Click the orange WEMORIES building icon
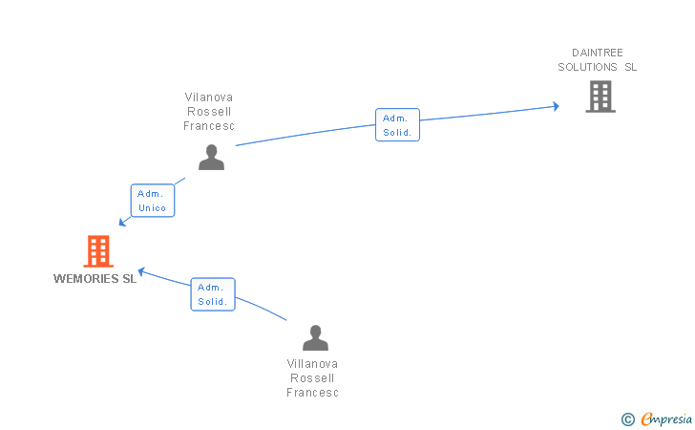[98, 250]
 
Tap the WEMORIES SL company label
[95, 279]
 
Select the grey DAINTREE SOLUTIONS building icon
[600, 97]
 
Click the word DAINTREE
[598, 53]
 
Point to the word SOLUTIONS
[587, 67]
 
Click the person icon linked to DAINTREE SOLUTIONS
[211, 157]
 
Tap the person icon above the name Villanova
[316, 337]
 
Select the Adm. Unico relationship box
[153, 201]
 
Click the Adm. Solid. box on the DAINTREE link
[397, 124]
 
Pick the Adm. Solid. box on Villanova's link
[213, 294]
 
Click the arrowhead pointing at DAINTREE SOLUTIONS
[556, 106]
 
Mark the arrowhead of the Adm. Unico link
[123, 222]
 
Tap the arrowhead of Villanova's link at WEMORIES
[142, 270]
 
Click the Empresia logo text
[666, 419]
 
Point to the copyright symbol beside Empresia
[628, 419]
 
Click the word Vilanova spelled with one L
[209, 97]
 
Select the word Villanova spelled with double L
[312, 364]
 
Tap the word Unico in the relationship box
[153, 207]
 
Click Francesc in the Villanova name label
[312, 393]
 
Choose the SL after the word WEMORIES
[130, 279]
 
